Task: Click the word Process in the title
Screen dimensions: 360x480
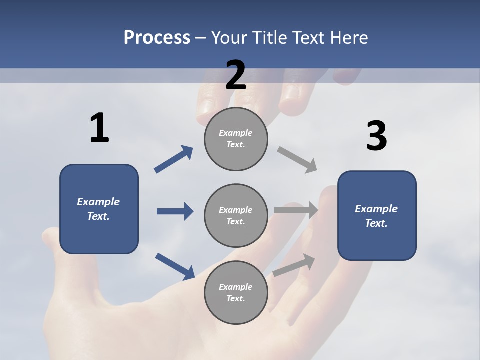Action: (157, 38)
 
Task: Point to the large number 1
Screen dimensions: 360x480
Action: (99, 128)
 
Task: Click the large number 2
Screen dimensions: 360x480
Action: (236, 75)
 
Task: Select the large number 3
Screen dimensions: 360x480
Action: (376, 136)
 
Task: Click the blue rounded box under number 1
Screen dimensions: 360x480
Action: (99, 209)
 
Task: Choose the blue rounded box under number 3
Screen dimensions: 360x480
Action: (377, 216)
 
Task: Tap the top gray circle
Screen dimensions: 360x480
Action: (236, 139)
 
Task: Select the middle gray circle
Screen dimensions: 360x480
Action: (236, 216)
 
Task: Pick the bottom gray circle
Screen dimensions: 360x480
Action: (236, 293)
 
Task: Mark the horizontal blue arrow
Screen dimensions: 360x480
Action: (175, 211)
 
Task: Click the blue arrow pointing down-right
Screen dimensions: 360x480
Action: (175, 266)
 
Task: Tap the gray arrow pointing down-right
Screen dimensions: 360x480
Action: (297, 160)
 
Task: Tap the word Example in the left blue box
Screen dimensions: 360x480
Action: (98, 202)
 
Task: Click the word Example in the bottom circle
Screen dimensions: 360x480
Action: (236, 287)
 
